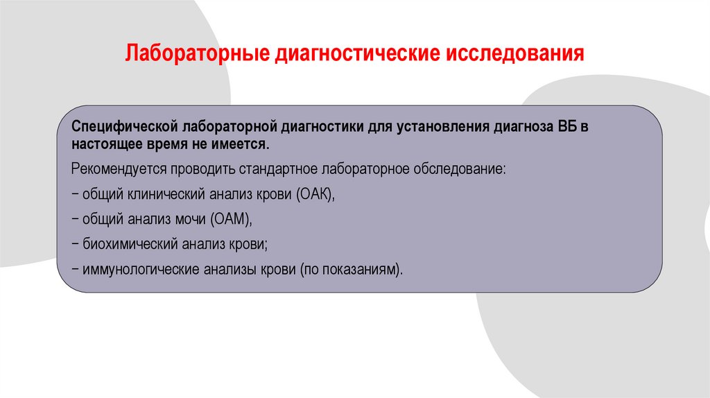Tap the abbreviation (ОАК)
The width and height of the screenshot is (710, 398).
[x=316, y=195]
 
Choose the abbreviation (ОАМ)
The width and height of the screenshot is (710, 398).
[x=231, y=219]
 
